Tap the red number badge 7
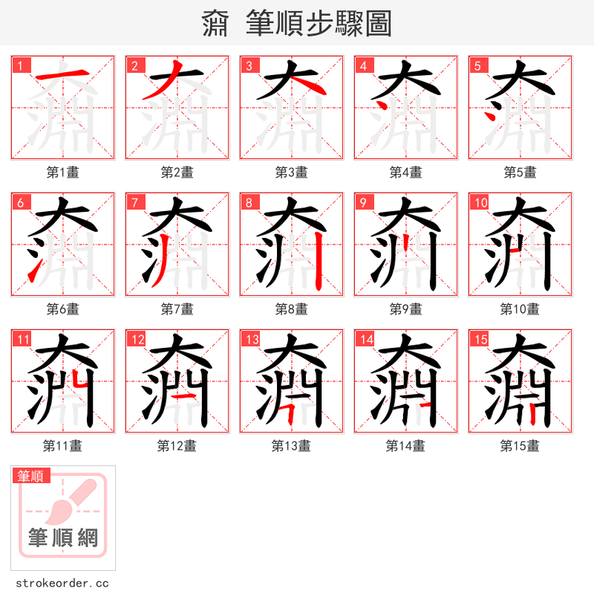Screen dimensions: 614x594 click(x=135, y=202)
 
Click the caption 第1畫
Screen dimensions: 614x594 click(x=62, y=172)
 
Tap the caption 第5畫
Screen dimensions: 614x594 click(x=520, y=172)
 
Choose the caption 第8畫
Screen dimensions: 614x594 click(x=291, y=309)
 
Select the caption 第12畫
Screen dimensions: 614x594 click(x=177, y=446)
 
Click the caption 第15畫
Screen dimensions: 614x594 click(x=520, y=446)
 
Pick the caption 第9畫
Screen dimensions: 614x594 click(x=405, y=309)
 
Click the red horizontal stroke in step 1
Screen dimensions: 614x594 click(x=63, y=73)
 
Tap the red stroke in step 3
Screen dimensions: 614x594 click(x=307, y=85)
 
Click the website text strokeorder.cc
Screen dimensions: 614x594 click(x=62, y=584)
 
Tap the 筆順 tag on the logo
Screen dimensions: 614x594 click(x=31, y=476)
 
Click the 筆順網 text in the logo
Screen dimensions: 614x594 click(x=63, y=537)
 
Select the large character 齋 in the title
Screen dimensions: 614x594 click(x=216, y=24)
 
